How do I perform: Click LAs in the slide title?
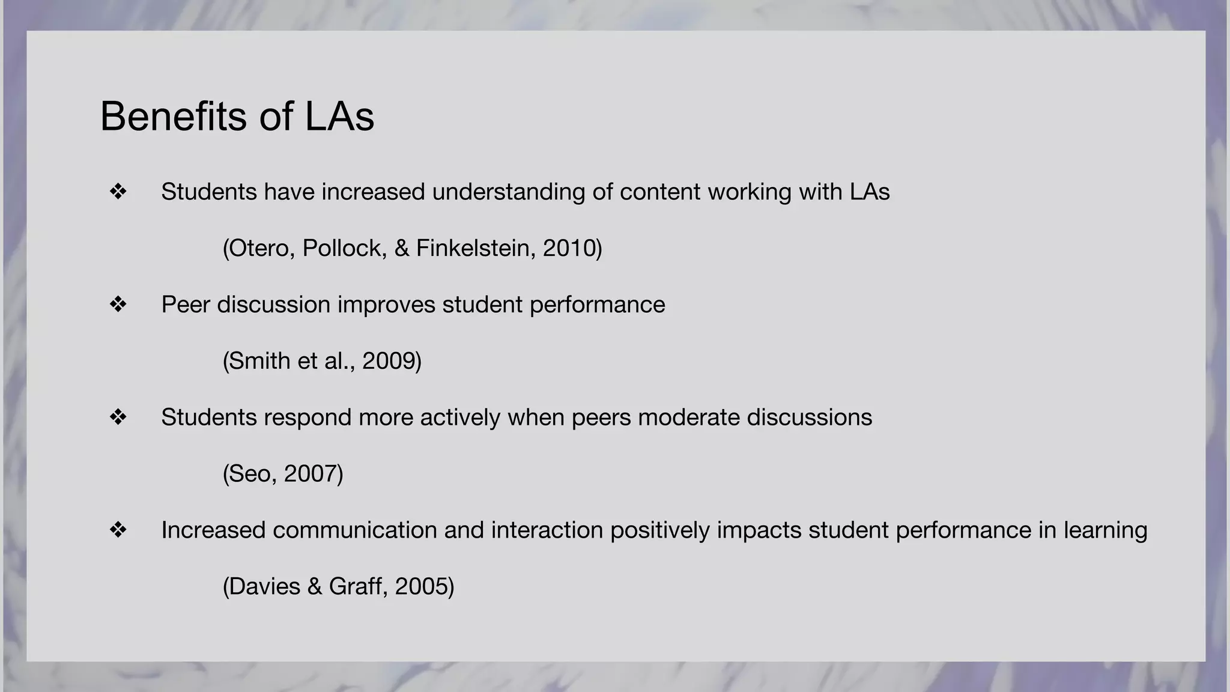click(x=339, y=116)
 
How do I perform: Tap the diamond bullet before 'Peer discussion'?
click(x=118, y=305)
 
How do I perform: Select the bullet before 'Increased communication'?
click(x=118, y=530)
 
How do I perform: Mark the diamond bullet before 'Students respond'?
click(x=118, y=417)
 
